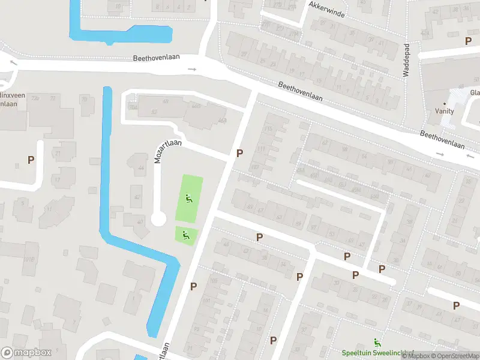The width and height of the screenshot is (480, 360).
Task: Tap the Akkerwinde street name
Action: tap(327, 9)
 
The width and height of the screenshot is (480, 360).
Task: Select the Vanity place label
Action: tap(445, 111)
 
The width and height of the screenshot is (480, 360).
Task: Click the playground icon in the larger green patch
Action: tap(189, 199)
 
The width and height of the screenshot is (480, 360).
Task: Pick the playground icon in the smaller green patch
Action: tap(185, 235)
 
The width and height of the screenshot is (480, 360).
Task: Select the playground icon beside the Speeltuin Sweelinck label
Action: tap(377, 343)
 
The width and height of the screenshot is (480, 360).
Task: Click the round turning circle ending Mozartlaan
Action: tap(158, 219)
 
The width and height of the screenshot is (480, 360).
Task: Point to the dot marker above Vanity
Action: tap(445, 103)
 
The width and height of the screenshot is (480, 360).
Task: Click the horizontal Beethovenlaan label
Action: tap(157, 58)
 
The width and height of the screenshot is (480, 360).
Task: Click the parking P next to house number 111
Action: tap(239, 153)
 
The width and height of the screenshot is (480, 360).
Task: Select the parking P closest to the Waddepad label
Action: tap(468, 41)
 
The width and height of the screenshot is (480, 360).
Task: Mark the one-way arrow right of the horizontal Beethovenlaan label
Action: tap(192, 69)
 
